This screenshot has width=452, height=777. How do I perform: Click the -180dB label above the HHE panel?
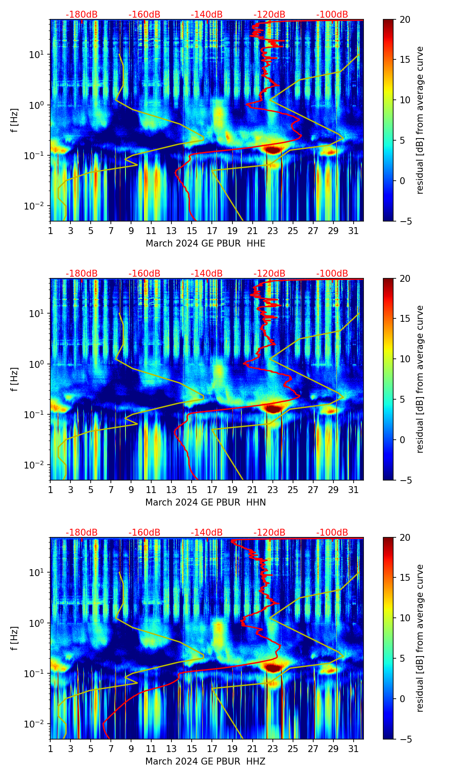point(82,15)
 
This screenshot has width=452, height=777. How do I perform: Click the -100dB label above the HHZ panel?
point(332,533)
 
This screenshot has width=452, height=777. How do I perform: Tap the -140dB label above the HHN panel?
point(207,274)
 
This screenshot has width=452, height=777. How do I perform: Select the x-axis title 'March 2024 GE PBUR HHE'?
point(205,244)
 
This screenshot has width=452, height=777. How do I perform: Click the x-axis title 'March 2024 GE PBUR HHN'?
point(205,503)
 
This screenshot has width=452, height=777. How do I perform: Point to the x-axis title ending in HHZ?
point(205,762)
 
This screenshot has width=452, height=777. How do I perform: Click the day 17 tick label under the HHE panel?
point(212,231)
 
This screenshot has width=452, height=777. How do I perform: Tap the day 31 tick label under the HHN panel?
point(354,490)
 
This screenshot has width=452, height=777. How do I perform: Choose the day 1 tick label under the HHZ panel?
point(51,749)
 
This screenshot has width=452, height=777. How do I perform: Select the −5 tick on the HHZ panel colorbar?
point(404,739)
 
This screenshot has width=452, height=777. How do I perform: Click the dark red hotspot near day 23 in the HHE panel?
point(272,150)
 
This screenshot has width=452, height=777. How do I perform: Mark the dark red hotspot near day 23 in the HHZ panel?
point(272,668)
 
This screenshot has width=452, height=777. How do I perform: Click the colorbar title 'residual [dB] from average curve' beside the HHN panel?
point(420,379)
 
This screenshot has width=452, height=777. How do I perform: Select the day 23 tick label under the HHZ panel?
point(273,749)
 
